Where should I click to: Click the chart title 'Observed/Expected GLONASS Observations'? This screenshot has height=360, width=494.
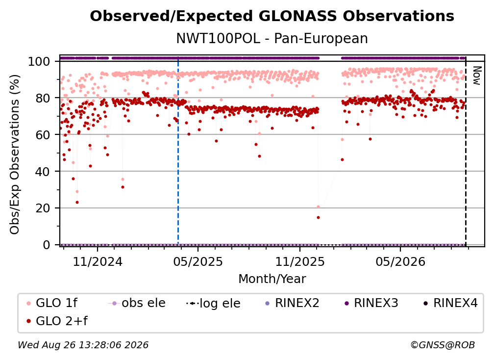tap(272, 16)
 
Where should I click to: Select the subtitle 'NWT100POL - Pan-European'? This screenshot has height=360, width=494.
tap(272, 38)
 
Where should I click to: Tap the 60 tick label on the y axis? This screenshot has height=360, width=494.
tap(43, 135)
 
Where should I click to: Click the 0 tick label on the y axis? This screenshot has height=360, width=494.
tap(47, 245)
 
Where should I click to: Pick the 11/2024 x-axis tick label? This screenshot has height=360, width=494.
tap(98, 261)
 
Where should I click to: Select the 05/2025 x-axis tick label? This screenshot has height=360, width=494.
tap(198, 261)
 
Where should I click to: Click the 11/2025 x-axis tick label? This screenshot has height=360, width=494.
tap(300, 261)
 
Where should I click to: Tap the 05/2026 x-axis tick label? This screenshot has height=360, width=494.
tap(400, 261)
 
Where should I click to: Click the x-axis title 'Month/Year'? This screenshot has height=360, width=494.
tap(272, 279)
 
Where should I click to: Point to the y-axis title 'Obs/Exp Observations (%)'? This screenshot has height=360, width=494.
tap(15, 154)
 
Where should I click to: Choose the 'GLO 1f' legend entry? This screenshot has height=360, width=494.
tap(51, 303)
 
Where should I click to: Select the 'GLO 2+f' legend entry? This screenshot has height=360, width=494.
tap(57, 321)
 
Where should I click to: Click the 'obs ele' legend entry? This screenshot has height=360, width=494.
tap(136, 303)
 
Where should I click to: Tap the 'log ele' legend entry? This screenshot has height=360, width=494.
tap(213, 304)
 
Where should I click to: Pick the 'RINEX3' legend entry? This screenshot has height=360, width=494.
tap(371, 303)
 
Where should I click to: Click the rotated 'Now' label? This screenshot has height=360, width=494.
tap(477, 76)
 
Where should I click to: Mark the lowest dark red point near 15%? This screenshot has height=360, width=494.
tap(318, 217)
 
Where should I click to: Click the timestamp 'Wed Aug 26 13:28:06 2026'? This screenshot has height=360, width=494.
tap(83, 345)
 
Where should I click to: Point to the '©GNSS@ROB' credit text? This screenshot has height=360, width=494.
tap(443, 345)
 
